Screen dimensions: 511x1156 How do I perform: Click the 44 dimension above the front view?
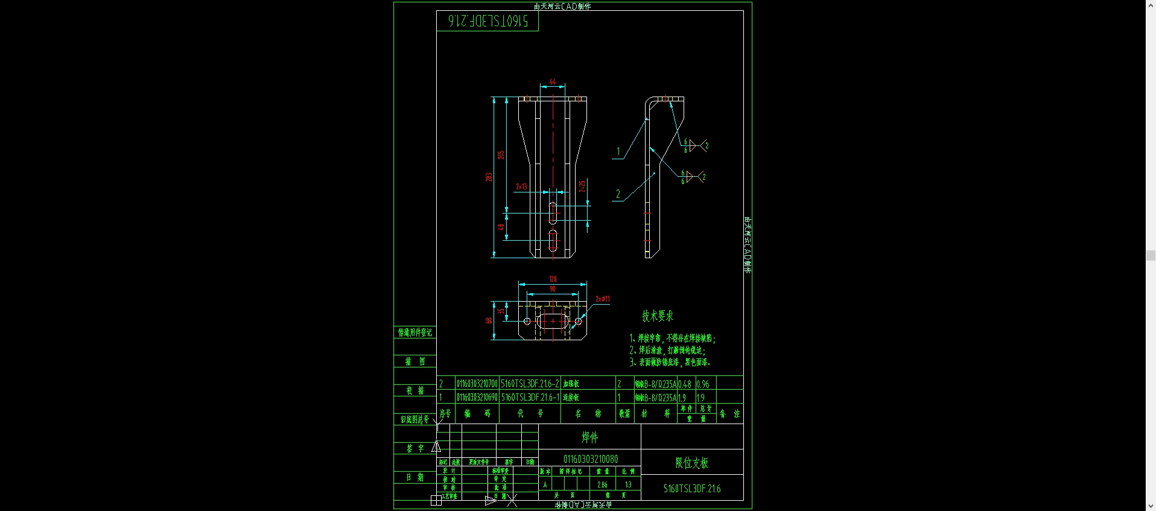552,82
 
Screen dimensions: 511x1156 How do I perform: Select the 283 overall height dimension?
488,177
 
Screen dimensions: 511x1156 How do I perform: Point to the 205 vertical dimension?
501,155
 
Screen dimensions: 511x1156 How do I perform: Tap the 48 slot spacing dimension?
501,227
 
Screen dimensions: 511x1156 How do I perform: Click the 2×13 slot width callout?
521,187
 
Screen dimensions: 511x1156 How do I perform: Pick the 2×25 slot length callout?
582,186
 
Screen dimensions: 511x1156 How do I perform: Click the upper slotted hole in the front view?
553,212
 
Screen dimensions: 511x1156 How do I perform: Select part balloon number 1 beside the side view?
618,152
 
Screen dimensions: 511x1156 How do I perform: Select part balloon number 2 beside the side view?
618,194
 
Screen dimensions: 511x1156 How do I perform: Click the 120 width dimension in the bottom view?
553,279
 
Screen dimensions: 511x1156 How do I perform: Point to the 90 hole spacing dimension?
553,290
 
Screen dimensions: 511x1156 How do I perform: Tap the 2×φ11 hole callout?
602,299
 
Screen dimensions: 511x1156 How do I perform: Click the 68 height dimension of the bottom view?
488,320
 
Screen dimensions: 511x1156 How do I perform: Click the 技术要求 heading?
657,316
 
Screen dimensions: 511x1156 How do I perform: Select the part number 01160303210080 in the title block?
590,459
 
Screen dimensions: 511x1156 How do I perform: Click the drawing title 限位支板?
691,463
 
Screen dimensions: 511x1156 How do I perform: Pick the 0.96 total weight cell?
703,384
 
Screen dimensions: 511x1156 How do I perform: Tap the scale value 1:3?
628,484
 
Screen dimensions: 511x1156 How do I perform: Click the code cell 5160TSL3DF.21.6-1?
530,398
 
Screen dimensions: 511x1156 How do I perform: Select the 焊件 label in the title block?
589,437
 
